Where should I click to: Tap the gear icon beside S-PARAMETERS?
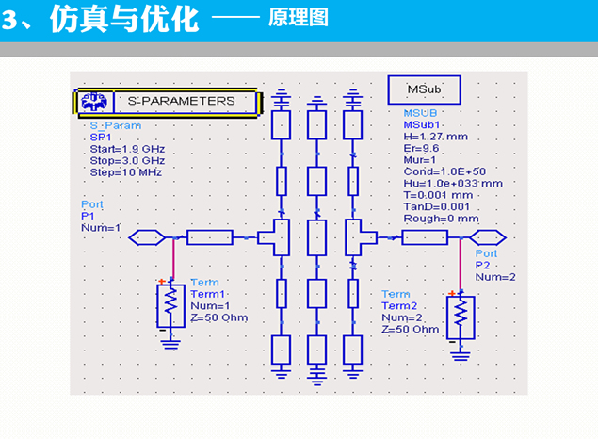93,101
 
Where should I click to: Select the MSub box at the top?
424,89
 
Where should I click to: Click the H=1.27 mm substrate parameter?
435,137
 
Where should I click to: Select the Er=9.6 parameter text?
422,148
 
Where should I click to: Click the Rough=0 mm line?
441,219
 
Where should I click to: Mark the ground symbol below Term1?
171,344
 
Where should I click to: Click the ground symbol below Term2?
460,354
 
